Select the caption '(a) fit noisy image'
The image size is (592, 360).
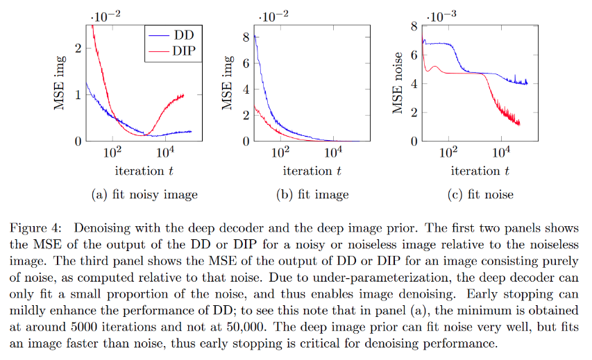coord(144,195)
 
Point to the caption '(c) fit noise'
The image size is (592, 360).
coord(480,195)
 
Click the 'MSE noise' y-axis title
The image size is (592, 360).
coord(397,83)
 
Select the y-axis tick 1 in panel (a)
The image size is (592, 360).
coord(77,94)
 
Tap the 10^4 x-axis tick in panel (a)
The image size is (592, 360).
coord(165,152)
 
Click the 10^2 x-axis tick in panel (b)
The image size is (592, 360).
coord(280,152)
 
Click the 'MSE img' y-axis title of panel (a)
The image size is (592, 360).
coord(60,84)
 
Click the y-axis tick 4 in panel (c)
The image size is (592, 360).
coord(414,83)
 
